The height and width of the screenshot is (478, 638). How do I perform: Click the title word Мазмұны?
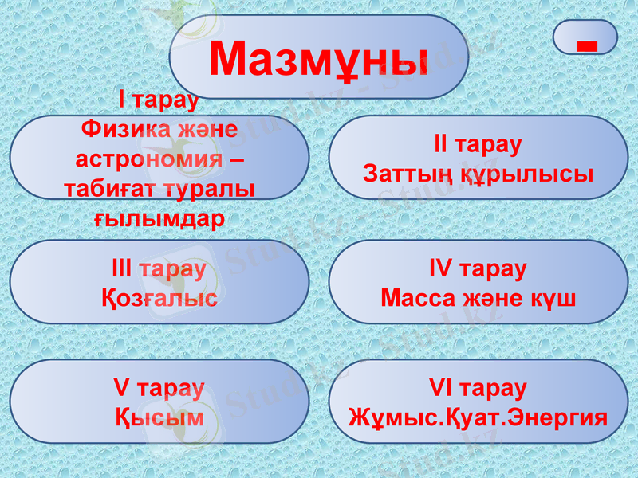click(318, 57)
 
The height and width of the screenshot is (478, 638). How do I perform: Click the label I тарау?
click(158, 100)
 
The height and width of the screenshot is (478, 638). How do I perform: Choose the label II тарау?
click(478, 144)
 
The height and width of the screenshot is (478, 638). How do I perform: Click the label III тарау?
click(159, 268)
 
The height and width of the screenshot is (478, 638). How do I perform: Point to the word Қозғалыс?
click(159, 299)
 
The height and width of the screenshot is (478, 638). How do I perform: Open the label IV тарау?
click(478, 268)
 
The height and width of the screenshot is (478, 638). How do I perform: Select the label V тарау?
click(159, 388)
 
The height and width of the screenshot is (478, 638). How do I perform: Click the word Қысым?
click(159, 417)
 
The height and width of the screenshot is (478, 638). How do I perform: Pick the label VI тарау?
click(478, 388)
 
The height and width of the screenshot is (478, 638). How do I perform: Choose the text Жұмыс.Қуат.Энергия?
click(478, 417)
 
